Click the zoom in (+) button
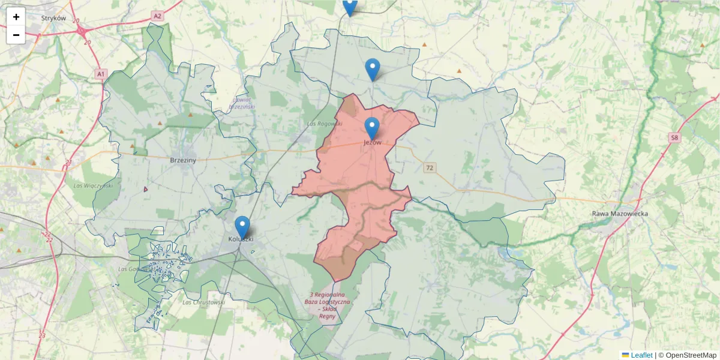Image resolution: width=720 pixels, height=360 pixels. point(16,17)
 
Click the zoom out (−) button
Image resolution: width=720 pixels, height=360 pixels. point(16,35)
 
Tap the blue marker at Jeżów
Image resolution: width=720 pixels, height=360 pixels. point(372,128)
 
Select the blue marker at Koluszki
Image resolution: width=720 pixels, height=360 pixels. point(242,227)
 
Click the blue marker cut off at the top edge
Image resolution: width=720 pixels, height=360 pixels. point(350,6)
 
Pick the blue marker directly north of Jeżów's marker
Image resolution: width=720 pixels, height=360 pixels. point(373,69)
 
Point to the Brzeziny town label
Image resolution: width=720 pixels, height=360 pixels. point(184,160)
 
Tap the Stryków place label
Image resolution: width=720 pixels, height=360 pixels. point(53,18)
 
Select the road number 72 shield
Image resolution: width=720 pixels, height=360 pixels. point(428,167)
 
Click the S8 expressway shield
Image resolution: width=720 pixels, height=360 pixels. point(675,138)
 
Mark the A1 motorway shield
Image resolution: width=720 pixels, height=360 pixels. point(100,74)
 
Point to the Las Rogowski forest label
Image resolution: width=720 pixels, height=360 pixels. point(324,124)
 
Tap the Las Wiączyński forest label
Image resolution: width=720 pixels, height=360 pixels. point(93,185)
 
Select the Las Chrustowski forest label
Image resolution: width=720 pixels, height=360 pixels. point(203,302)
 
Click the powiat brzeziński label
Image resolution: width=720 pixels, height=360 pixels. point(242,103)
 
